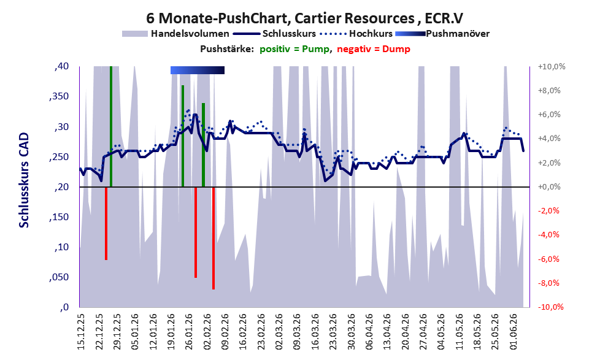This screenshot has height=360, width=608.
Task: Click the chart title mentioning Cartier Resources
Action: [304, 18]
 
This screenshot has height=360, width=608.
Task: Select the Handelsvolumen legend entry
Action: [175, 34]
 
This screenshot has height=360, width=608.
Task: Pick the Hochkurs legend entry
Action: [356, 34]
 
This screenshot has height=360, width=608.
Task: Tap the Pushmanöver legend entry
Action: [442, 34]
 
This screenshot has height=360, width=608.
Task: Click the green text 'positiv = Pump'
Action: [294, 49]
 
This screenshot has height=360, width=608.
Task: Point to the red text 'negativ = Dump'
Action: [374, 49]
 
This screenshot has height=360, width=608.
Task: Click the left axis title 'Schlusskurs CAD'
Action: [24, 180]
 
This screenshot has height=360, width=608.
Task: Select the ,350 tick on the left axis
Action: [59, 97]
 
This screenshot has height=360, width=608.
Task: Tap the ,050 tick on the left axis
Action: [59, 277]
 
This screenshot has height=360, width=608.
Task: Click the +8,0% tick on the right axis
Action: [549, 91]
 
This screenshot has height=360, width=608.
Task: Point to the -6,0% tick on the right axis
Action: [548, 259]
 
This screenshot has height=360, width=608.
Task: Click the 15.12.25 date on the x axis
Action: [81, 332]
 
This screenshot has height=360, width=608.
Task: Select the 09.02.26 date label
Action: [225, 332]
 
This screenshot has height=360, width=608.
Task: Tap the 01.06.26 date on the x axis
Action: [514, 332]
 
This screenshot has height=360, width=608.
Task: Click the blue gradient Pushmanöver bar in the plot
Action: [198, 70]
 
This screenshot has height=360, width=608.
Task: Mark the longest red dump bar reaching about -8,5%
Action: [214, 239]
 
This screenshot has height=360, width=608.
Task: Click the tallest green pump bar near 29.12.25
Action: [111, 127]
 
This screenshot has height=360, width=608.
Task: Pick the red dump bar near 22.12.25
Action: [106, 224]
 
